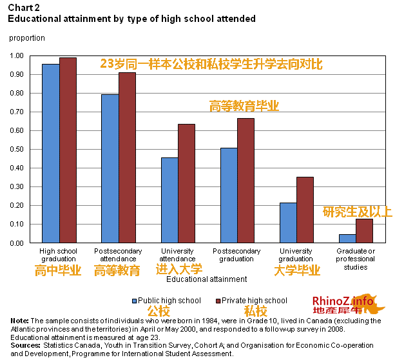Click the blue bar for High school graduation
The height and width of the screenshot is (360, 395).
[x=50, y=154]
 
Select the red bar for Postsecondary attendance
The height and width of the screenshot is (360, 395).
[x=127, y=157]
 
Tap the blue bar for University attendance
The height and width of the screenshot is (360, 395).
[x=169, y=200]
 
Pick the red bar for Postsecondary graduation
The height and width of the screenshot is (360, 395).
[x=246, y=181]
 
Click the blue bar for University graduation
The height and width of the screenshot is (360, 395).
[x=288, y=223]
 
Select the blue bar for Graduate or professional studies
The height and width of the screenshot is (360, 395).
[x=347, y=239]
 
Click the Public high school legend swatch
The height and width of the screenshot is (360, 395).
[x=135, y=301]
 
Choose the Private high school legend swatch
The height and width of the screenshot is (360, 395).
[x=217, y=301]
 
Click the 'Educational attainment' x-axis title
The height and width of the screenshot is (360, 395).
[x=206, y=279]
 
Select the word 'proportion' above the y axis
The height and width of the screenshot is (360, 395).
[x=27, y=38]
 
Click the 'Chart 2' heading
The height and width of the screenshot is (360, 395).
[x=21, y=8]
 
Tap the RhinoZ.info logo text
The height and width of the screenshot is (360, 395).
[x=342, y=301]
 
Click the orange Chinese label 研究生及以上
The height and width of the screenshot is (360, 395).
[x=356, y=212]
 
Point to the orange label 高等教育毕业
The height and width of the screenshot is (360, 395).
[x=244, y=106]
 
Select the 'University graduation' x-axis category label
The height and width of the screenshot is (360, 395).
[x=296, y=254]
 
